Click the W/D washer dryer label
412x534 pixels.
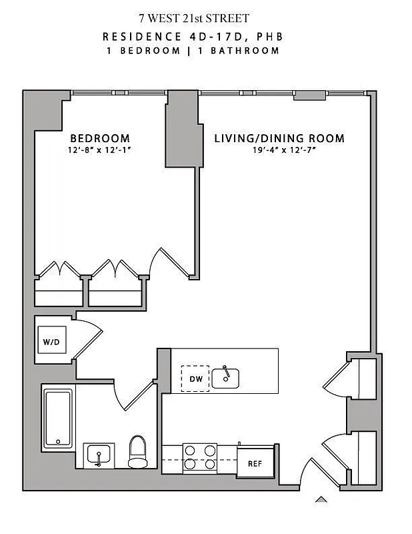(x=51, y=342)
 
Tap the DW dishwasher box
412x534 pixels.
(x=195, y=378)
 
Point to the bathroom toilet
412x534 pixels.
(x=137, y=452)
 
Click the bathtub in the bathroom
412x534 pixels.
(x=58, y=419)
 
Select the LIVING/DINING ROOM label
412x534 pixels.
(x=279, y=139)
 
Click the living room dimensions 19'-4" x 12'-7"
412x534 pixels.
(x=279, y=150)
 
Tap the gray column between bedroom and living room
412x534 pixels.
(x=181, y=129)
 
